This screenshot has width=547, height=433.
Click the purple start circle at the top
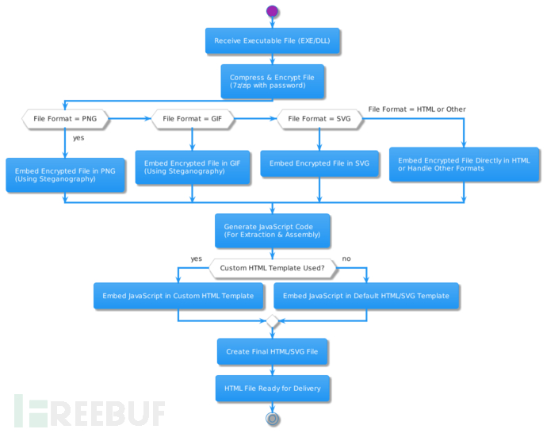(273, 11)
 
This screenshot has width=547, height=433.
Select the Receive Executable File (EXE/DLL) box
(273, 41)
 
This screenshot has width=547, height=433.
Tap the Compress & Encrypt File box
(273, 81)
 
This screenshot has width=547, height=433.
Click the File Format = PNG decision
(65, 119)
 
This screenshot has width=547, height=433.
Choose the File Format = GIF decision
(193, 119)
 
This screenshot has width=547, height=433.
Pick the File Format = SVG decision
(319, 119)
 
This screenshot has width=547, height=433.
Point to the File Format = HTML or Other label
(417, 109)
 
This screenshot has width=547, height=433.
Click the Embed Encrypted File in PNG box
(65, 174)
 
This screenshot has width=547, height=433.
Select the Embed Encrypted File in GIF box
(193, 167)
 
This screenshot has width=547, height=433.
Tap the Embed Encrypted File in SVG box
(319, 163)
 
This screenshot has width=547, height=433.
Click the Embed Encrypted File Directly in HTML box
(465, 163)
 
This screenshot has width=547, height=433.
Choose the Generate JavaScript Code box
(273, 231)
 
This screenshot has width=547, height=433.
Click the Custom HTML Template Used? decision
(273, 268)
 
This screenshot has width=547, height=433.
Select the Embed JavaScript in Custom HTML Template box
(178, 296)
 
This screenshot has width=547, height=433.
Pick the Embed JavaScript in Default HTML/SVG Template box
(366, 296)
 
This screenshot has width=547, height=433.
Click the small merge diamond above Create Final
(273, 321)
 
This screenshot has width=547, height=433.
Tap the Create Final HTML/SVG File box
(273, 351)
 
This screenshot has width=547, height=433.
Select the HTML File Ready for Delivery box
(273, 389)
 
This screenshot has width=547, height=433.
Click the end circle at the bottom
(273, 418)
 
